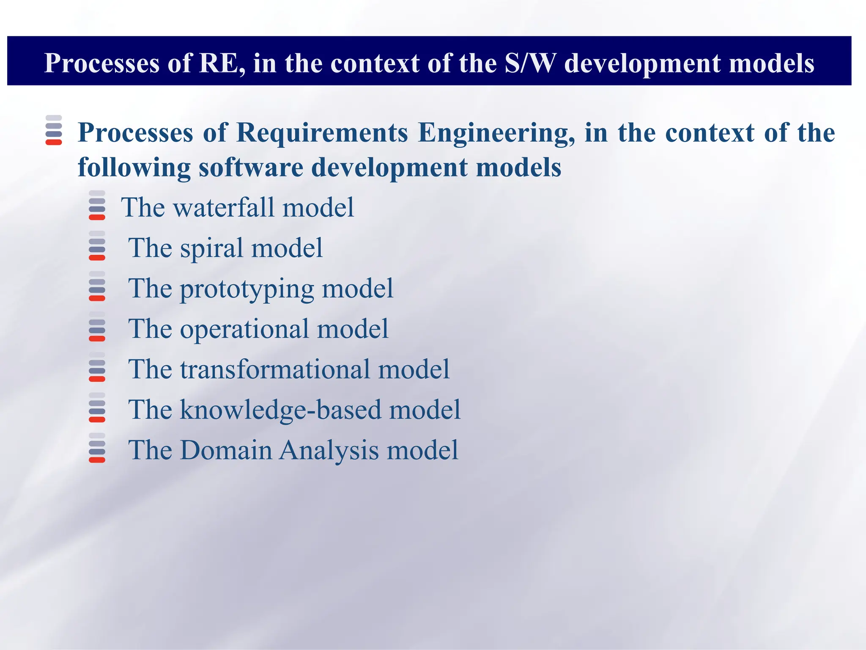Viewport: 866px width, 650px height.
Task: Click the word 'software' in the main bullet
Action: point(251,167)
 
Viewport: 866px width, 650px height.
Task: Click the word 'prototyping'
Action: point(247,289)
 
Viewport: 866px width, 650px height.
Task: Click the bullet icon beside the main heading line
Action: point(54,130)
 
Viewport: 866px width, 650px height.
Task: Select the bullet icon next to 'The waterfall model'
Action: point(97,205)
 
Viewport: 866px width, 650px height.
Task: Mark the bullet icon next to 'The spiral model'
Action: point(97,245)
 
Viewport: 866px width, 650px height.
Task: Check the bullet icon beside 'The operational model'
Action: point(97,326)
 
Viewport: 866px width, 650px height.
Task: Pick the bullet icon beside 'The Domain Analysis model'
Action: point(97,448)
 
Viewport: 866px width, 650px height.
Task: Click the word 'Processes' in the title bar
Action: point(102,63)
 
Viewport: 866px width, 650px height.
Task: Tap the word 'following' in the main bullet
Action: point(134,167)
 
